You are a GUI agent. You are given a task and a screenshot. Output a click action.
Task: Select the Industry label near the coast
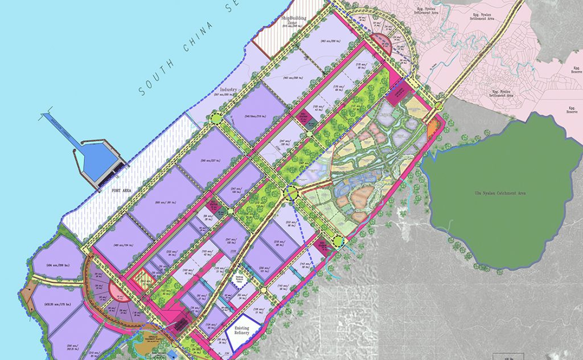click(x=227, y=90)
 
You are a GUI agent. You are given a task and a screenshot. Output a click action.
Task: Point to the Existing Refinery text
click(x=245, y=333)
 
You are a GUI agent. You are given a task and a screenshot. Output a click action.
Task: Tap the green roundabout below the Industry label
click(x=217, y=118)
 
